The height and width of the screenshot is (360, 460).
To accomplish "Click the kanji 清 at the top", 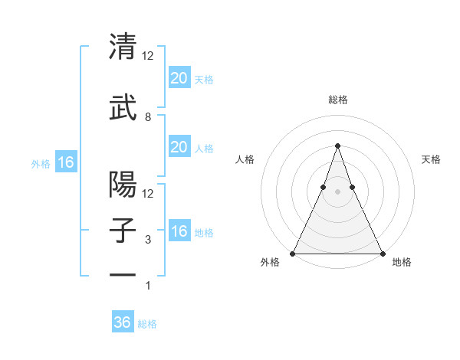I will (x=123, y=47).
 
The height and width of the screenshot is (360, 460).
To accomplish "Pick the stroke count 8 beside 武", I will (x=148, y=117).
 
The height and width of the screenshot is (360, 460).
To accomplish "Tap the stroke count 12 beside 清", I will (x=148, y=56).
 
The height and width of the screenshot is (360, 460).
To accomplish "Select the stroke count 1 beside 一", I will (x=148, y=286).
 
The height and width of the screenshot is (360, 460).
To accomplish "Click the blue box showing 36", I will (x=123, y=322).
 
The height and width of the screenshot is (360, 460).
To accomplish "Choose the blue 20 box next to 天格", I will (x=179, y=78).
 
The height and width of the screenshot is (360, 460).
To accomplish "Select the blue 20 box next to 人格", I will (x=179, y=147).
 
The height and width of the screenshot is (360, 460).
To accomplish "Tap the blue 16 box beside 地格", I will (x=179, y=231).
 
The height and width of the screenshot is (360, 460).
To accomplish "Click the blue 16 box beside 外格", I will (x=65, y=162).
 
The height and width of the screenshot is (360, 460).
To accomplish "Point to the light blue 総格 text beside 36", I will (x=147, y=324).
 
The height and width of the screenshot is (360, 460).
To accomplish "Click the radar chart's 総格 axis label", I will (x=337, y=100).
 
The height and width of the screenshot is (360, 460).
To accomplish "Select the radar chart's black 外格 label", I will (x=270, y=263).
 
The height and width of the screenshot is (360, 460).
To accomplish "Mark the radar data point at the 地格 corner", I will (x=382, y=253).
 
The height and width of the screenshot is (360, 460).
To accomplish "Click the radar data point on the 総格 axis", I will (x=337, y=145).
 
